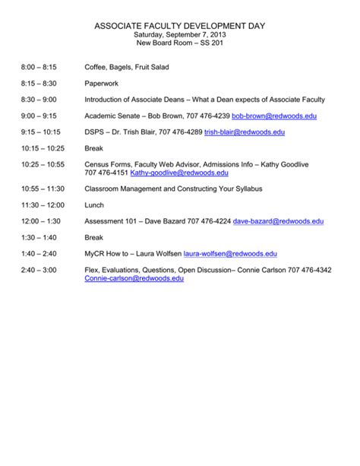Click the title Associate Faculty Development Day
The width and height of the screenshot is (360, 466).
(x=179, y=27)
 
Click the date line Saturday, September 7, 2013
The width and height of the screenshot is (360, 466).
(x=179, y=35)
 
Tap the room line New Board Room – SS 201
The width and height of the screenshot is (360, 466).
(x=179, y=43)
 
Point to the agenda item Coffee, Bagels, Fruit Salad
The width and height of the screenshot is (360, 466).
(x=127, y=68)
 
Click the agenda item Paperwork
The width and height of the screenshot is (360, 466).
(x=103, y=84)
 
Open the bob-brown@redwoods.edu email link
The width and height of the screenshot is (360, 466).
(x=274, y=116)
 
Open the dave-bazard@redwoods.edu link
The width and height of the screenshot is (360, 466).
(x=278, y=221)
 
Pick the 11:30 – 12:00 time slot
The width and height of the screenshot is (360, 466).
(x=42, y=204)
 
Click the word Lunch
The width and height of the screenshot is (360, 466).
(x=93, y=204)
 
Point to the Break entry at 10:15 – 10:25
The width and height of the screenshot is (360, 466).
(x=93, y=148)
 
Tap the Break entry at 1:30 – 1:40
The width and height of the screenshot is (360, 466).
(x=93, y=237)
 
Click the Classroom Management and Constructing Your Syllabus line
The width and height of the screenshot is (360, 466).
(x=175, y=189)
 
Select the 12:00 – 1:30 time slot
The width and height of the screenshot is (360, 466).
(x=39, y=221)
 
